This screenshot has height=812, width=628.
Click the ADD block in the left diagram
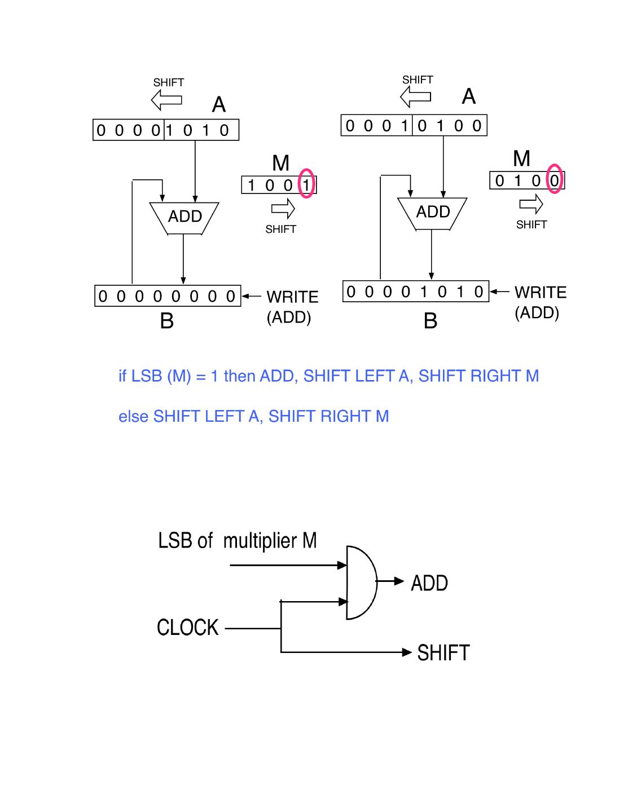click(x=184, y=217)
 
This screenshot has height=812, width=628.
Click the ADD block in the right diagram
click(x=432, y=213)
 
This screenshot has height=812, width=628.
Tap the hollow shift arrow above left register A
click(x=166, y=101)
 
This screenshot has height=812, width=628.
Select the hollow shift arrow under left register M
click(x=283, y=210)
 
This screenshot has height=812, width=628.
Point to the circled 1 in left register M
click(x=306, y=184)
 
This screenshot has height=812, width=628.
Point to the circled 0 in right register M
click(x=555, y=180)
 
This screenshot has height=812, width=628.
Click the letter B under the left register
click(x=166, y=321)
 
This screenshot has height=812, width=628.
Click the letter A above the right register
click(x=468, y=97)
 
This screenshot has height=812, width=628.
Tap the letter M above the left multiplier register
click(x=280, y=164)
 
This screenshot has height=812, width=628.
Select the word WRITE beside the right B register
click(x=540, y=293)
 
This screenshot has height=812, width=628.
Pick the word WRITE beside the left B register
click(x=292, y=297)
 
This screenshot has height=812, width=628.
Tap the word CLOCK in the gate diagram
click(x=187, y=628)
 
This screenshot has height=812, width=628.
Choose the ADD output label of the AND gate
click(x=429, y=583)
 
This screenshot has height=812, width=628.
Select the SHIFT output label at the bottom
click(x=443, y=653)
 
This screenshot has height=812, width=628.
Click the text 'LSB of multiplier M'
click(x=237, y=541)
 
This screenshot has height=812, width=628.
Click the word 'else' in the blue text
click(x=133, y=417)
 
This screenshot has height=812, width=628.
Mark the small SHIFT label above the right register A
click(x=418, y=80)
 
